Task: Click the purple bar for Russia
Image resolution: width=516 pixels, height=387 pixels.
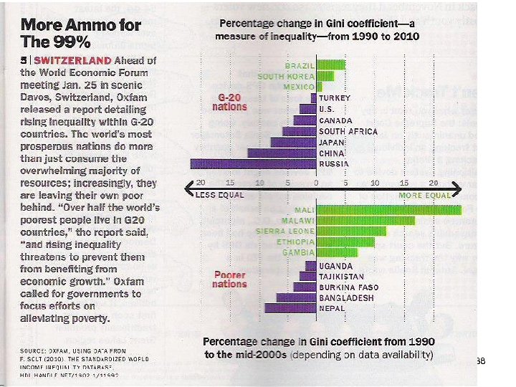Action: (253, 163)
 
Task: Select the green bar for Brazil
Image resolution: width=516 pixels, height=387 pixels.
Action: (330, 64)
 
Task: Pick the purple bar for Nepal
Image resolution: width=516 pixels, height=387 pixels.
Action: (290, 308)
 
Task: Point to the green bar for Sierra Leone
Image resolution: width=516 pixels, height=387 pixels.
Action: (351, 231)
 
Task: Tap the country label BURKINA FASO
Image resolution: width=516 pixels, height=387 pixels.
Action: (348, 287)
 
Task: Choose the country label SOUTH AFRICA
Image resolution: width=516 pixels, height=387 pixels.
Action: (348, 131)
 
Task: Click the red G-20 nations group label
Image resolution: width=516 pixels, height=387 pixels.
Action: (229, 102)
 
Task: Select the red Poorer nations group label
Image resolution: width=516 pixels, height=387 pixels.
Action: (229, 279)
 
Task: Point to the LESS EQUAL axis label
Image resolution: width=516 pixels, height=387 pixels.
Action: (219, 194)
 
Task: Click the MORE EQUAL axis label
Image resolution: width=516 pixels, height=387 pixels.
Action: (424, 195)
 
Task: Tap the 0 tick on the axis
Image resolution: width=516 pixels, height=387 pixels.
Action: (316, 183)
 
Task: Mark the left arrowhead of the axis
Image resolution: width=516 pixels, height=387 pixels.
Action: (188, 188)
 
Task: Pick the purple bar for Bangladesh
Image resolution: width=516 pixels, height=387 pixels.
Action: (296, 297)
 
